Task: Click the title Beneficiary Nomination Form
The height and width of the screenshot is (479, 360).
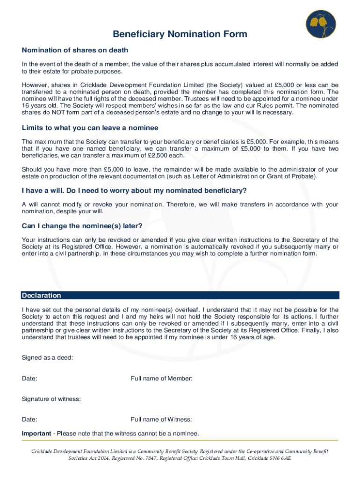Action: point(180,34)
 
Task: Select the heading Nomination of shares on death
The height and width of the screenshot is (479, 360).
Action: point(75,50)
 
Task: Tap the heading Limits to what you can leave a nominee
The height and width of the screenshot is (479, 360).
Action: point(90,128)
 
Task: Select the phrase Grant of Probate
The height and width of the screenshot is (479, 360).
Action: point(291,176)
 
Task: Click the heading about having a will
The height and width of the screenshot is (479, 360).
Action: point(134,191)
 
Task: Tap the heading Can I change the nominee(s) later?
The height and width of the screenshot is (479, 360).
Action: point(82,226)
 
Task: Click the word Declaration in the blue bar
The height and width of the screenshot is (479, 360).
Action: point(42,296)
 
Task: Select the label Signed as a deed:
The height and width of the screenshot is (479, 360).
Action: point(47,358)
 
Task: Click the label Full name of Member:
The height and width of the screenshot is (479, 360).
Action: point(161,378)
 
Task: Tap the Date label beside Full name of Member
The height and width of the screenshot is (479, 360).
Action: point(30,378)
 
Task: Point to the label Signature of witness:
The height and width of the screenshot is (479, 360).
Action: point(51,399)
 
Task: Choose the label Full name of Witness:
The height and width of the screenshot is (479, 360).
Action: point(161,420)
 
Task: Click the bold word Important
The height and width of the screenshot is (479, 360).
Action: point(36,433)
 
